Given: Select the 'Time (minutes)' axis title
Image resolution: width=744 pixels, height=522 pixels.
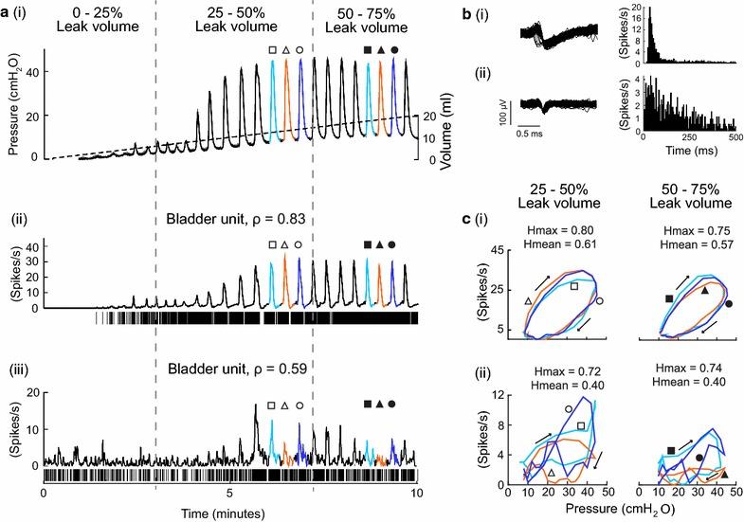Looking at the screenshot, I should [230, 512].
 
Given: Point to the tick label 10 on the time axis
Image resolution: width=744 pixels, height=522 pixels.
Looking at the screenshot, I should [415, 495].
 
